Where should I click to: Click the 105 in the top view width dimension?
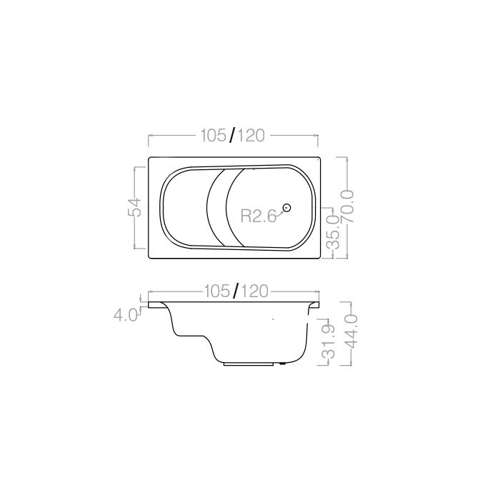[213, 136]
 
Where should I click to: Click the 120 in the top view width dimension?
[251, 136]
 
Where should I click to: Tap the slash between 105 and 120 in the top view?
[232, 136]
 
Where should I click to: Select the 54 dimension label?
[136, 208]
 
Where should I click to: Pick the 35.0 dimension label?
[332, 236]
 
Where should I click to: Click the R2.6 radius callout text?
[258, 216]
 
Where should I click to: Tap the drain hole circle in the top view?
[286, 208]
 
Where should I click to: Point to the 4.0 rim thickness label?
[126, 314]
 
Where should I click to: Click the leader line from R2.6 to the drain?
[279, 212]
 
